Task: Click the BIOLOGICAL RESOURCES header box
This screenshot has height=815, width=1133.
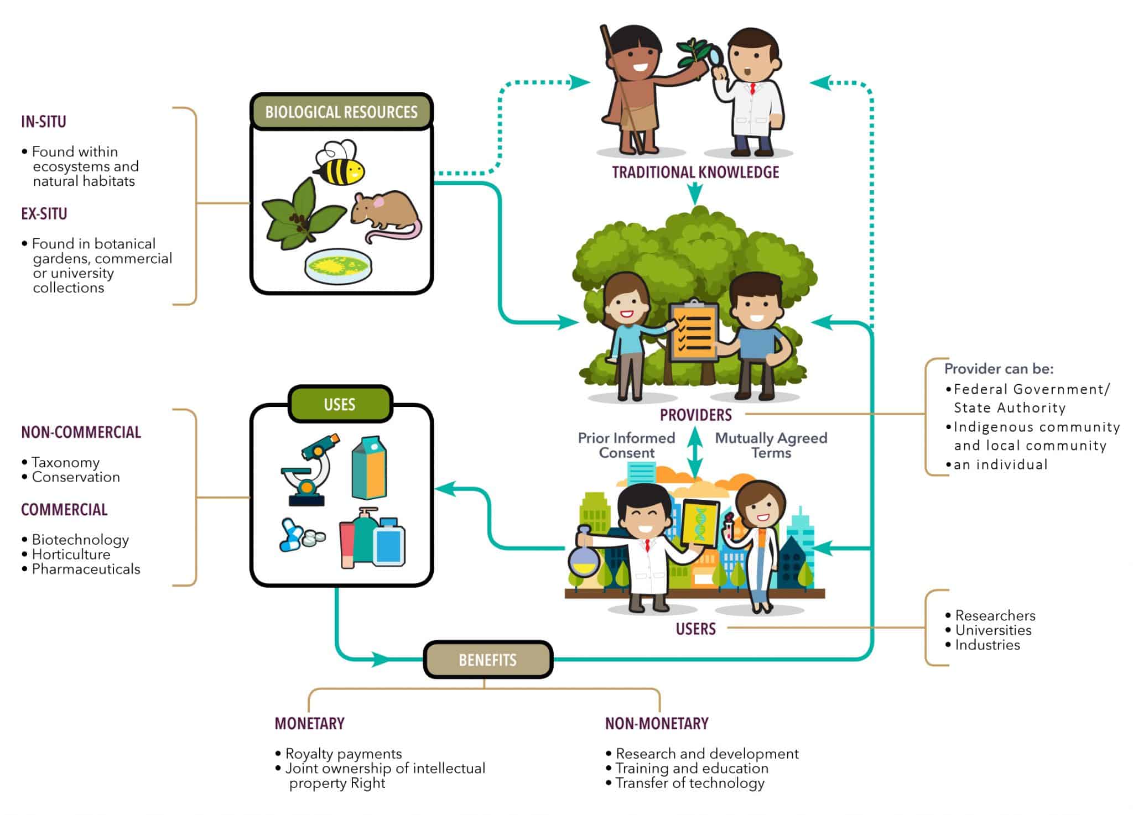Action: [341, 112]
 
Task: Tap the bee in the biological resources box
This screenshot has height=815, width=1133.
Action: [339, 163]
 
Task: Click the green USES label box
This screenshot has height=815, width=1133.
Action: [340, 404]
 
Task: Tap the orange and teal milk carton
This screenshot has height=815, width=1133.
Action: [369, 468]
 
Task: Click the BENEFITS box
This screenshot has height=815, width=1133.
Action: [487, 660]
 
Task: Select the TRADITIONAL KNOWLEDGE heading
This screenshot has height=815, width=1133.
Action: [695, 173]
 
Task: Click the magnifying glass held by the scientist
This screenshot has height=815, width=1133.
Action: [717, 57]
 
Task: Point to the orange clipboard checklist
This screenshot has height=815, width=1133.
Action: [694, 331]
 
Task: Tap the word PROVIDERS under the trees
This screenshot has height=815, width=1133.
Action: [695, 415]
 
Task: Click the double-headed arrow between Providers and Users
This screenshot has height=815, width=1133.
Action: [695, 452]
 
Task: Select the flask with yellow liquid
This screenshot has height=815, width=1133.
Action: [584, 557]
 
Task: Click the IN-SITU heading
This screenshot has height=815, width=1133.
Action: [44, 122]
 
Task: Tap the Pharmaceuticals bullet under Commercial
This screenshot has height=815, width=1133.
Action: [86, 569]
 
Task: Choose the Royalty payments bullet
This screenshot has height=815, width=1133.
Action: [343, 754]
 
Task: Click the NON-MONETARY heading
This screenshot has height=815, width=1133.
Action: [656, 723]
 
